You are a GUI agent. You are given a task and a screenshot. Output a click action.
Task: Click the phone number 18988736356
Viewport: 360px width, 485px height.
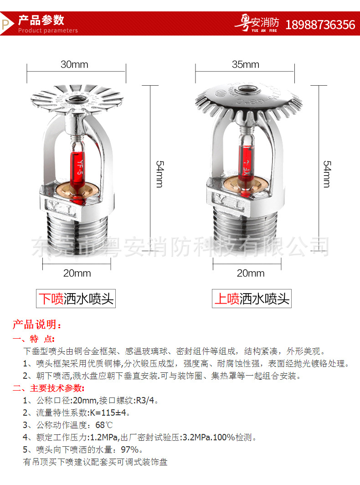[x=320, y=24]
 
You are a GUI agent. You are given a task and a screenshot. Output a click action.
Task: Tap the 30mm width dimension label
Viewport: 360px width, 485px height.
[x=74, y=64]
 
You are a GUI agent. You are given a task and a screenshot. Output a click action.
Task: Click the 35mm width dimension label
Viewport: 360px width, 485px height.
[x=245, y=64]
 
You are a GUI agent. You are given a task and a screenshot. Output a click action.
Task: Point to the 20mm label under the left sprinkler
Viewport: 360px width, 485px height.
[x=77, y=273]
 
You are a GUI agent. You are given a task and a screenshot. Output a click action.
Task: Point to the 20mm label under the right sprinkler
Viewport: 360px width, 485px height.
[x=250, y=273]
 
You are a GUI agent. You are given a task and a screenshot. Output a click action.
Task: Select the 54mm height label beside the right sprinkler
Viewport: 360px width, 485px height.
[x=327, y=173]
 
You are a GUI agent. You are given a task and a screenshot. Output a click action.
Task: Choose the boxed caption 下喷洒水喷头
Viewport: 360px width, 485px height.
[x=76, y=299]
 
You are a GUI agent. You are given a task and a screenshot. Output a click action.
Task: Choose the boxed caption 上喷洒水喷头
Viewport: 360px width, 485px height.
[x=252, y=299]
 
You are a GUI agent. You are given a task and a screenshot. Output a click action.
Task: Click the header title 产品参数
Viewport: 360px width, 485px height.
[x=41, y=20]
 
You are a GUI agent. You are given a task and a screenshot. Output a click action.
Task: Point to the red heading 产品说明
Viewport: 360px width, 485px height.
[x=36, y=325]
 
